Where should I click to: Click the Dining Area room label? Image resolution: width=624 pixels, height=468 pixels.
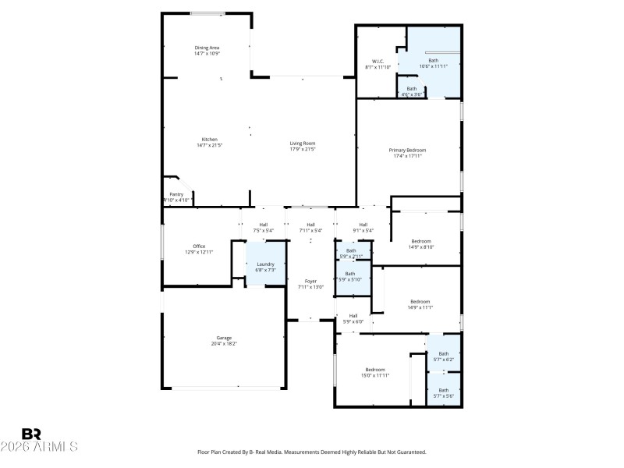[207, 48]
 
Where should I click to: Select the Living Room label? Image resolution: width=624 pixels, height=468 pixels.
[303, 143]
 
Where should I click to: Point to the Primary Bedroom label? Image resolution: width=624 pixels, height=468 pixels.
[408, 150]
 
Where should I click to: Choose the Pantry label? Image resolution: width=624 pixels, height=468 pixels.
[176, 195]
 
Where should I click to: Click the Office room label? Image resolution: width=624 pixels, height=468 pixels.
[199, 246]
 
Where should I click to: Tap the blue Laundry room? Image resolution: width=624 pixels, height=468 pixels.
[265, 265]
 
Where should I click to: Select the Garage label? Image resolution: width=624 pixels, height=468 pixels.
[224, 338]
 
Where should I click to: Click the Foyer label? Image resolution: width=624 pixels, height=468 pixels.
[310, 281]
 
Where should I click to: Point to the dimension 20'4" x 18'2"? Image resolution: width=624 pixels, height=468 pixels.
[224, 343]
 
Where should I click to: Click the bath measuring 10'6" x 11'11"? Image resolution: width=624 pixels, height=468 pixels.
[433, 62]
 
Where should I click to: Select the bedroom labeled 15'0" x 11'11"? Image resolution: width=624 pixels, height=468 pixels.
[375, 372]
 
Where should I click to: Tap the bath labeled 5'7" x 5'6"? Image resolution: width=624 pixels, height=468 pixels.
[443, 392]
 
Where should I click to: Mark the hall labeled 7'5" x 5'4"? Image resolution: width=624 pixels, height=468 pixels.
[264, 227]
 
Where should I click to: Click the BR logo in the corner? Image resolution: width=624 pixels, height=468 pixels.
[31, 433]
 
